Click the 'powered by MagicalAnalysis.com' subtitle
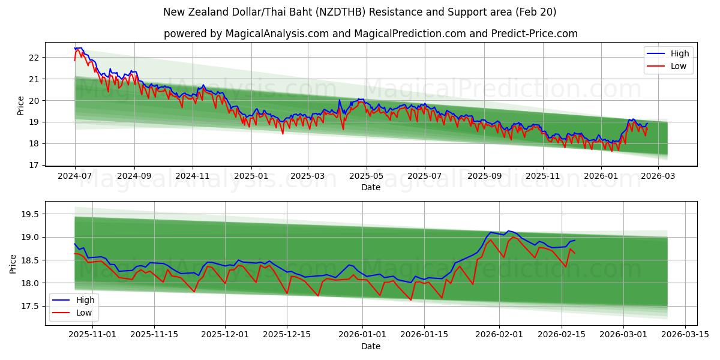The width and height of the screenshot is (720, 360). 370,34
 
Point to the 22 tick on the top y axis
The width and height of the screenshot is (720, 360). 34,58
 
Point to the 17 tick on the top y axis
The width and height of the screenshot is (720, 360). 34,165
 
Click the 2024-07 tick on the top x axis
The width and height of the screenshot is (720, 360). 75,176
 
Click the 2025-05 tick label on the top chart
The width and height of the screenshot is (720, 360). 366,176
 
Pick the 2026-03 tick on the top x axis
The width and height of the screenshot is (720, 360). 658,176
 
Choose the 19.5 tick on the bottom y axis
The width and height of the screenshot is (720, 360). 30,214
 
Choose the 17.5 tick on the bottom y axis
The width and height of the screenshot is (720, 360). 30,307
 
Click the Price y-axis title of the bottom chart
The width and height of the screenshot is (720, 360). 13,263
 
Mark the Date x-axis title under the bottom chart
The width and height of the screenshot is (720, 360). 370,346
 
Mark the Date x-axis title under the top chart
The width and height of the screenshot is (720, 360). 370,187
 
